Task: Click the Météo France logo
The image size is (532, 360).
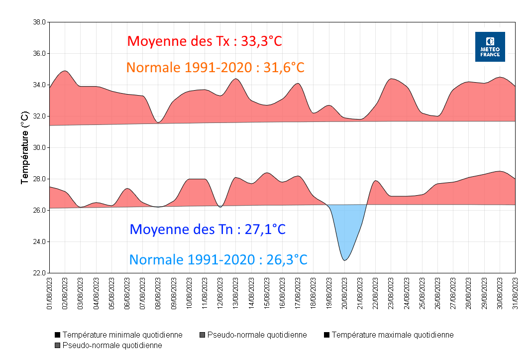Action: [x=490, y=47]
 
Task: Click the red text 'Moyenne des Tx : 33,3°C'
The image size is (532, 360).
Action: [x=205, y=41]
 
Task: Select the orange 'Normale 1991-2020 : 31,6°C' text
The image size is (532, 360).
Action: [x=215, y=67]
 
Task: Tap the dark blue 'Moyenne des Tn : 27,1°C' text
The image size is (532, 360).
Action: [x=208, y=229]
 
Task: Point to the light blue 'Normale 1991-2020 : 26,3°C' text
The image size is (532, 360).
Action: [x=218, y=259]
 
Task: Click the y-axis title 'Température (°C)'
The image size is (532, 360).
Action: [x=24, y=148]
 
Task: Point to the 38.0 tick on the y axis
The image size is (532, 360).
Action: [x=39, y=22]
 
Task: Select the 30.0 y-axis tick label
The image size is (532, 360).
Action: [x=39, y=148]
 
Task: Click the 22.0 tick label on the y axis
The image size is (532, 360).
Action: [x=39, y=273]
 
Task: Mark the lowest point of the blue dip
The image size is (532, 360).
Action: [x=344, y=260]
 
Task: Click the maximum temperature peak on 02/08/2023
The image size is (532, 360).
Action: [x=65, y=71]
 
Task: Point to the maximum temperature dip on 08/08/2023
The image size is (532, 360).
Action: [x=158, y=122]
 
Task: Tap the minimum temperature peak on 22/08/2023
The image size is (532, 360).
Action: [x=376, y=181]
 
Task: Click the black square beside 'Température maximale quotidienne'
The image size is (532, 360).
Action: [x=326, y=335]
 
